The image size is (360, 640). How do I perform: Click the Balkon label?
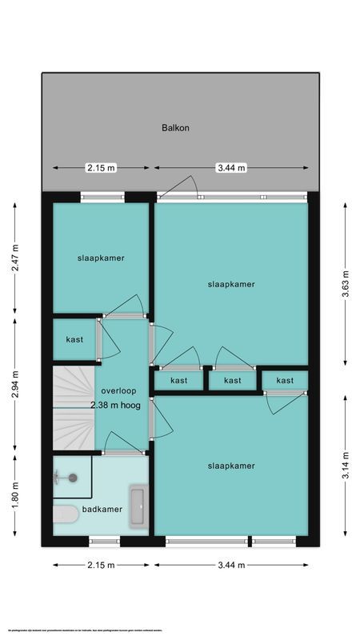(x=175, y=127)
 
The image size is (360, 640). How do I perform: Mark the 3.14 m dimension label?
(x=346, y=464)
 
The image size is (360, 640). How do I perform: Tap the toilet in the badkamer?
(x=64, y=514)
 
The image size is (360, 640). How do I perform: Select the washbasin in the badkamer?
(x=138, y=506)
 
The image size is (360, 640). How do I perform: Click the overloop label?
(x=118, y=391)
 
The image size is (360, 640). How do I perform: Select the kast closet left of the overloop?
(x=74, y=340)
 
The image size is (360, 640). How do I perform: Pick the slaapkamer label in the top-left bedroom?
(x=101, y=258)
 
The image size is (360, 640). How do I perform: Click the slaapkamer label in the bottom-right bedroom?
(x=230, y=466)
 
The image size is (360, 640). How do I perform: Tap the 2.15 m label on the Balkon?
(x=101, y=168)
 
